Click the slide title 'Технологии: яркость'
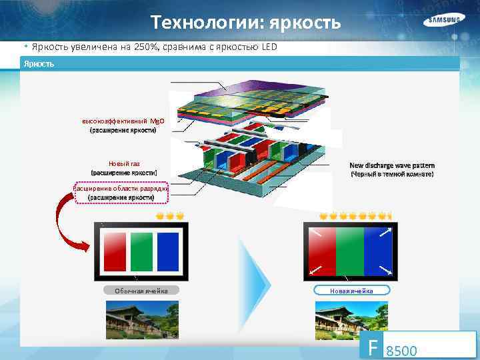click(246, 23)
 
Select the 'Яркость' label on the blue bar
click(39, 63)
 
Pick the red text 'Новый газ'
click(123, 164)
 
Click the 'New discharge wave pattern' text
click(392, 165)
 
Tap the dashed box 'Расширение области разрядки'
click(123, 193)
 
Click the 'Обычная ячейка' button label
click(141, 291)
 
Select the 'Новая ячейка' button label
click(351, 291)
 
